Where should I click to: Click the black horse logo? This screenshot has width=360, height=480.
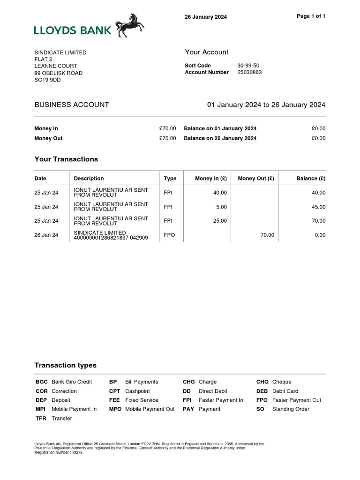click(x=130, y=25)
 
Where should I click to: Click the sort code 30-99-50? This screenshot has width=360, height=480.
click(x=248, y=66)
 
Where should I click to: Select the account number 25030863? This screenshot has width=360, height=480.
click(x=249, y=73)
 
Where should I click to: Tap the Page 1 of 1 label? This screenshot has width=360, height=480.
click(x=311, y=16)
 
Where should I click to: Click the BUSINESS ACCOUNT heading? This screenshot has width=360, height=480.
click(x=72, y=105)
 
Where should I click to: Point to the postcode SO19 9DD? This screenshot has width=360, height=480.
click(x=47, y=80)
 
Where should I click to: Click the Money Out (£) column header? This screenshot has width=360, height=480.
click(x=256, y=179)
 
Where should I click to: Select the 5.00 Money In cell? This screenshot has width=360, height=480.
click(x=221, y=207)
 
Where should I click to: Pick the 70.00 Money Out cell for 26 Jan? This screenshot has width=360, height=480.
click(x=267, y=235)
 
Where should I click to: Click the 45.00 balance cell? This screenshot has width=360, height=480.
click(x=318, y=207)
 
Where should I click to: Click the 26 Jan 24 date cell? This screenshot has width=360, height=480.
click(x=46, y=235)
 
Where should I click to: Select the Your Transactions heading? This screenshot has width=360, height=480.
click(x=66, y=159)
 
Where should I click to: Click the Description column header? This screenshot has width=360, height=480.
click(x=89, y=179)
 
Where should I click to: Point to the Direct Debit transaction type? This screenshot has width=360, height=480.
click(x=213, y=391)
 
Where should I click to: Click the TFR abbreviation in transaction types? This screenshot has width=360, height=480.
click(x=41, y=419)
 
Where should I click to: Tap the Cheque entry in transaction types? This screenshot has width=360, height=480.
click(x=282, y=382)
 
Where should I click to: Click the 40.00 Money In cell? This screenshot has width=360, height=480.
click(x=220, y=193)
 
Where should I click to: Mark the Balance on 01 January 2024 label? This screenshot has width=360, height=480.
click(x=220, y=128)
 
